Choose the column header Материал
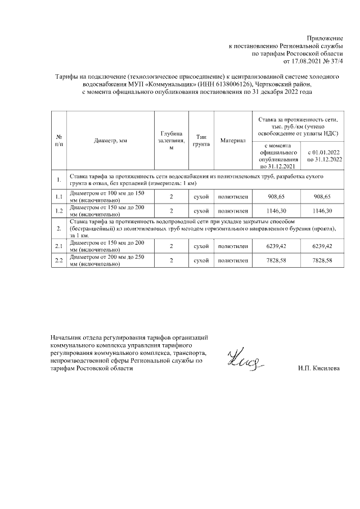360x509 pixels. [x=233, y=140]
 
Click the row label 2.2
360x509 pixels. [x=58, y=261]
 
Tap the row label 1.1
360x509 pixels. [x=58, y=196]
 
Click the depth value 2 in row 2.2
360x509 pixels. [x=171, y=261]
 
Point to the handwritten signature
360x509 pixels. [x=245, y=361]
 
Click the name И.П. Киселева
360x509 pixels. [x=319, y=368]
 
